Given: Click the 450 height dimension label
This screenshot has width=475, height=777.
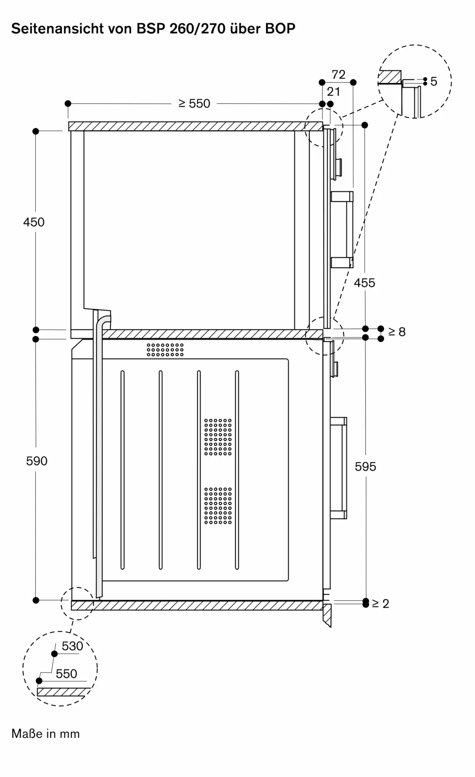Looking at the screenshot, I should (34, 222).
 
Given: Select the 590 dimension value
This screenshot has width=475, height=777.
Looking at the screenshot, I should (37, 461).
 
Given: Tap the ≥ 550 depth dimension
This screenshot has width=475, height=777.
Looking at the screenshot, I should (194, 103).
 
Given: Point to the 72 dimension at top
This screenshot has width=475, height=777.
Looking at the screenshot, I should (338, 75).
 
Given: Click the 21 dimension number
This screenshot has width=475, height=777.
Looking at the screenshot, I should (333, 92).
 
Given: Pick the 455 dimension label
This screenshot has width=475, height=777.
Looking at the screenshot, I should (365, 283).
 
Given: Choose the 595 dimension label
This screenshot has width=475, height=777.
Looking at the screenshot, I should (365, 467).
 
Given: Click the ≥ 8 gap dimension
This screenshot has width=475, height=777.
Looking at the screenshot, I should (397, 332).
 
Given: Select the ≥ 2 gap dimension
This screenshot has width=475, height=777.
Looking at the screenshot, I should (380, 603).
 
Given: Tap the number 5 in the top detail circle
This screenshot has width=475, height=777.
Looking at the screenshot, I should (434, 82).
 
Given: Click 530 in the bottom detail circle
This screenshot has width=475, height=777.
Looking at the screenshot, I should (72, 646).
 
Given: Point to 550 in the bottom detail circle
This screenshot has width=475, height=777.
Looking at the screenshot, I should (67, 674).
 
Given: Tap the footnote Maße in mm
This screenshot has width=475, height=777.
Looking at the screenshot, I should (46, 734).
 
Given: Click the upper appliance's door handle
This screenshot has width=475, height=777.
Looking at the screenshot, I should (342, 229).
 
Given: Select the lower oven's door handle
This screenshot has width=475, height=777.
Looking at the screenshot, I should (339, 468).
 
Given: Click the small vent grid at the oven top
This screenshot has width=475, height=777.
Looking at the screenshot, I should (165, 350).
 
